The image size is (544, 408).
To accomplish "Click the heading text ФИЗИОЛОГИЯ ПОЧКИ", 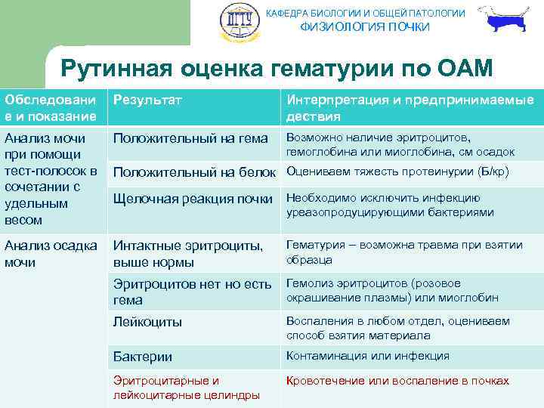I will coord(365,27).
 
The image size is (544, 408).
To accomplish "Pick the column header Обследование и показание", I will coord(51,108).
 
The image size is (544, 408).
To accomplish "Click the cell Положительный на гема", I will coord(190,138).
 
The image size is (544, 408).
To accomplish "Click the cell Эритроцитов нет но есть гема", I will coord(192,292).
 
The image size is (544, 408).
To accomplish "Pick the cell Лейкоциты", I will coord(147,322).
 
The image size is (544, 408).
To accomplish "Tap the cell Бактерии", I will coord(143,357).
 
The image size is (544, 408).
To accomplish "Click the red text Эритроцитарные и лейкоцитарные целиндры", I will coord(186,388).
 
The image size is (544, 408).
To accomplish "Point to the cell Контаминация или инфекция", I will coord(367,356).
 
